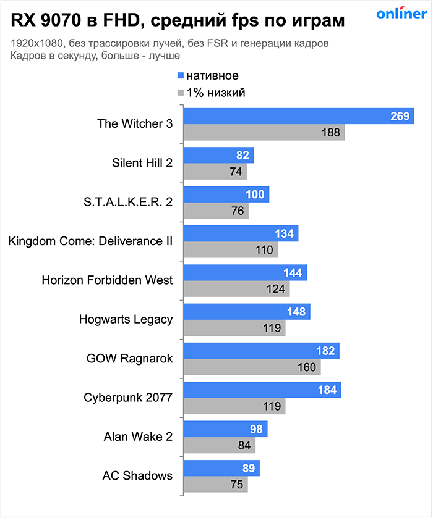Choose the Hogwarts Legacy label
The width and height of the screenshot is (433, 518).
pos(126,319)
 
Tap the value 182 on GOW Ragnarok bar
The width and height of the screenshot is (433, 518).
pos(325,351)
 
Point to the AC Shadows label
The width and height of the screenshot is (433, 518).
pos(137,475)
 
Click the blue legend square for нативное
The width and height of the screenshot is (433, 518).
pos(181,76)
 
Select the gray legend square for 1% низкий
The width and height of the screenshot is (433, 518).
pos(181,93)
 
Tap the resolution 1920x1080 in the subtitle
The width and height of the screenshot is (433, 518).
pos(36,44)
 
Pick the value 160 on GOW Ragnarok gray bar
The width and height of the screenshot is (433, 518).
pos(307,367)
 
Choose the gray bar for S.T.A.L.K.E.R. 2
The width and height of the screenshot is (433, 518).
pos(216,211)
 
